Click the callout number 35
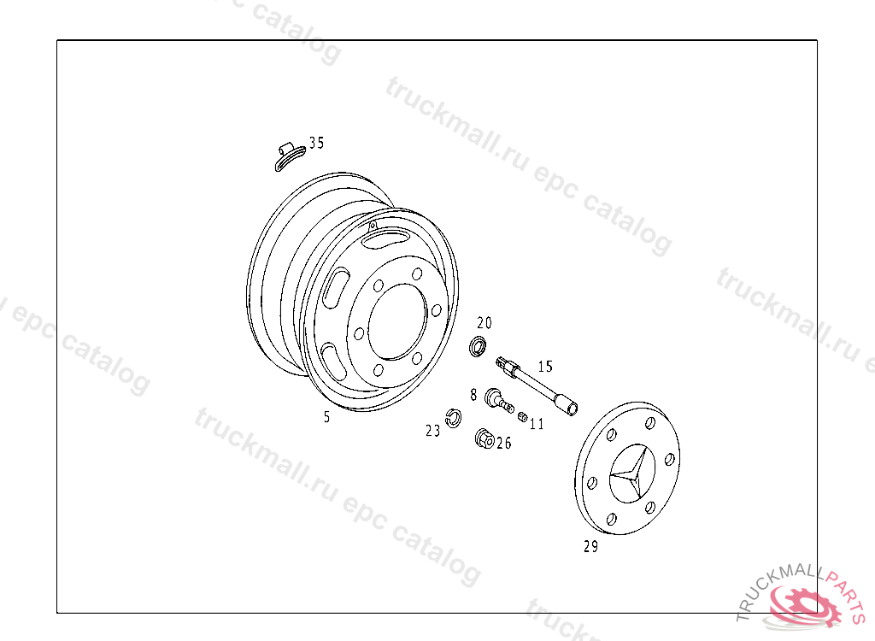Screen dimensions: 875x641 pyautogui.click(x=316, y=143)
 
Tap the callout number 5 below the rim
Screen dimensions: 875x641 pyautogui.click(x=326, y=417)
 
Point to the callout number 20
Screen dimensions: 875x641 pyautogui.click(x=484, y=323)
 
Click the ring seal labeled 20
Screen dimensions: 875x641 pyautogui.click(x=477, y=347)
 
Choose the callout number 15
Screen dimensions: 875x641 pyautogui.click(x=545, y=367)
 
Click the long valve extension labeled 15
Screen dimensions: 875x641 pyautogui.click(x=537, y=386)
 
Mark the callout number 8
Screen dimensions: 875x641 pyautogui.click(x=473, y=395)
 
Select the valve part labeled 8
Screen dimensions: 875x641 pyautogui.click(x=499, y=400)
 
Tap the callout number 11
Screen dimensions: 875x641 pyautogui.click(x=537, y=425)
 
